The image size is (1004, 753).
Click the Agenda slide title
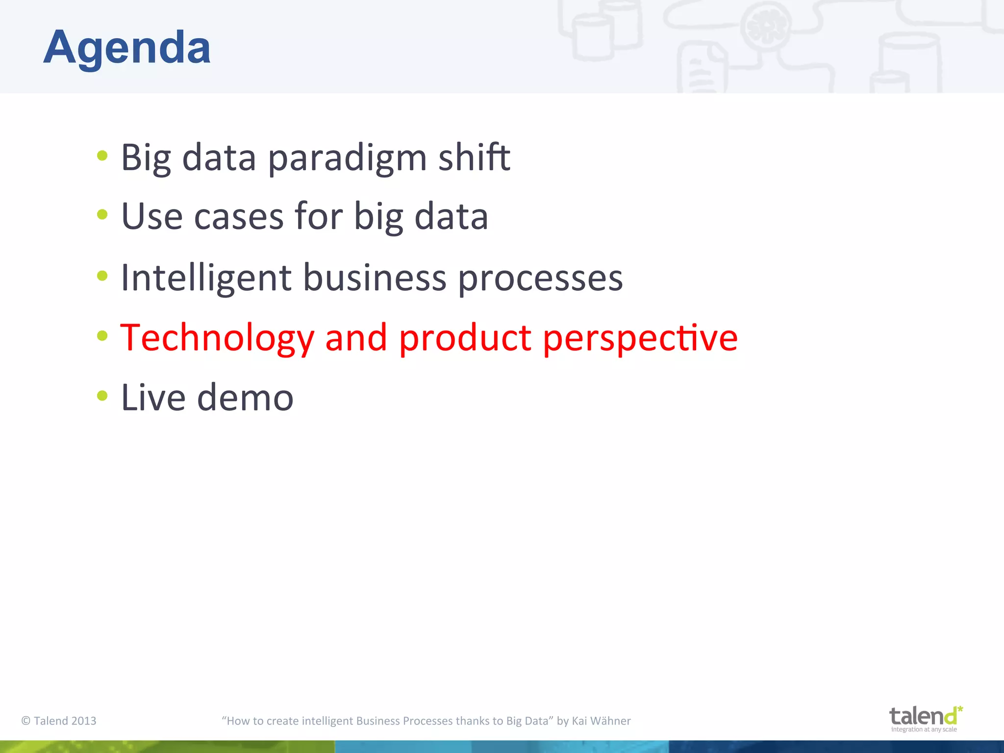pyautogui.click(x=127, y=48)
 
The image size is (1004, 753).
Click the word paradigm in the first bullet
pyautogui.click(x=347, y=158)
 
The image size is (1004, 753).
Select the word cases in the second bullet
pyautogui.click(x=239, y=217)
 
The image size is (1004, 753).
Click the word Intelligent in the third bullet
pyautogui.click(x=206, y=278)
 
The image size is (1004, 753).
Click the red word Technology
pyautogui.click(x=217, y=338)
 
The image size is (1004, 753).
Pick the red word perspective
pyautogui.click(x=640, y=338)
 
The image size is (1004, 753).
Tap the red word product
pyautogui.click(x=465, y=338)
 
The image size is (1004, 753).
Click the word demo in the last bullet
pyautogui.click(x=245, y=398)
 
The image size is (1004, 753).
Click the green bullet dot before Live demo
pyautogui.click(x=102, y=395)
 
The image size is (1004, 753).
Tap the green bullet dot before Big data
pyautogui.click(x=102, y=156)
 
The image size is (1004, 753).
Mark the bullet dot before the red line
pyautogui.click(x=102, y=336)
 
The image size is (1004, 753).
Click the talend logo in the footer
pyautogui.click(x=925, y=716)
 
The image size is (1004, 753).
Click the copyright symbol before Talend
pyautogui.click(x=26, y=721)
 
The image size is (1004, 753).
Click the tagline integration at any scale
pyautogui.click(x=924, y=729)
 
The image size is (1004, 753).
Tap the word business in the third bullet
pyautogui.click(x=375, y=278)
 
